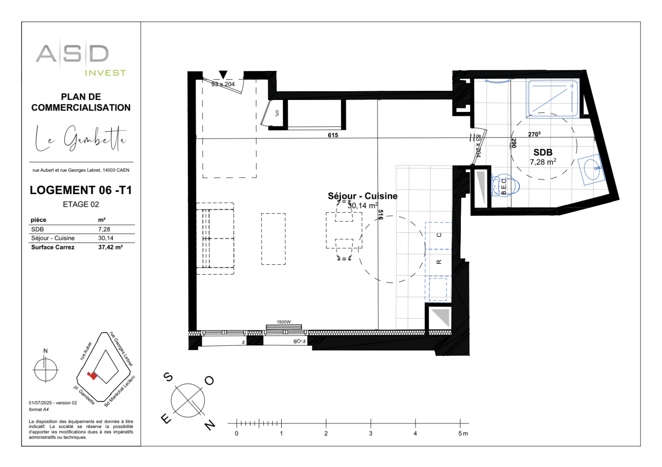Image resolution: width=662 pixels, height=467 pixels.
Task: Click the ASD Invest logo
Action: (80, 59)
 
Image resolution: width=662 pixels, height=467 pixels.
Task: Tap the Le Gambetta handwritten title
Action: (80, 139)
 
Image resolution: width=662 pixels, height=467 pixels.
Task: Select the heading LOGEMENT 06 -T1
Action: (80, 190)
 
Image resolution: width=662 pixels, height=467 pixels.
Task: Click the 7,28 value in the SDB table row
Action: (104, 229)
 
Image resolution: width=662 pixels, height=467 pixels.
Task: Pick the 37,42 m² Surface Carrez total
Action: (110, 247)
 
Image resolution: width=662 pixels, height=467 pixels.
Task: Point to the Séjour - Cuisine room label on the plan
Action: (362, 196)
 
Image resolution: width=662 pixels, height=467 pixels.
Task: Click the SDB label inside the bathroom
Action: (543, 152)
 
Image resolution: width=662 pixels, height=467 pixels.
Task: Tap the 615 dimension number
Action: (333, 135)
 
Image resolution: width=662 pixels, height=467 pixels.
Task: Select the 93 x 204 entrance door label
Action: (223, 84)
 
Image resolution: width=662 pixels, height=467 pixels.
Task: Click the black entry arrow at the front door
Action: (223, 75)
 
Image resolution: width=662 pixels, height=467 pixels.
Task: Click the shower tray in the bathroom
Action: (552, 98)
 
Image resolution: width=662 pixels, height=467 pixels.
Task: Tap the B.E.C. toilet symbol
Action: (504, 186)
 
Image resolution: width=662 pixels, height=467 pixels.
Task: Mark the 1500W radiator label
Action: (284, 322)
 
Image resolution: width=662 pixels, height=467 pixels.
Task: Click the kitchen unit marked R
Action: (439, 262)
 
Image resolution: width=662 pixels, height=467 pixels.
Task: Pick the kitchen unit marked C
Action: (439, 235)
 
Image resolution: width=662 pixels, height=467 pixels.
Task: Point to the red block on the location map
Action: (92, 375)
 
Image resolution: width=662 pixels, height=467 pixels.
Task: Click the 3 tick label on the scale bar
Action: (370, 433)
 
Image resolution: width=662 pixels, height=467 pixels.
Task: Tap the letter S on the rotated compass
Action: (168, 377)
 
